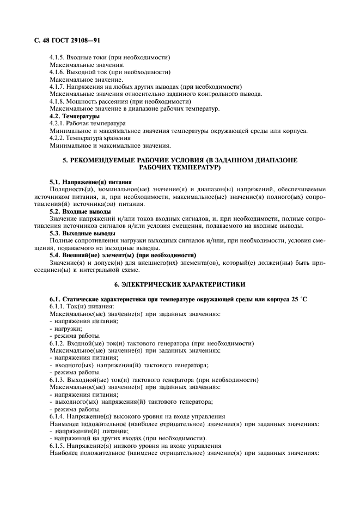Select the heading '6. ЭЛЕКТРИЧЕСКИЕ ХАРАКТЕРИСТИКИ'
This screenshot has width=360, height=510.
tap(180, 284)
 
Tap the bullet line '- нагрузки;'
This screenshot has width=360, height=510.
tap(66, 329)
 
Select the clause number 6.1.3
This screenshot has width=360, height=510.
tap(59, 380)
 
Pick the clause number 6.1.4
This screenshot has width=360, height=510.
tap(59, 416)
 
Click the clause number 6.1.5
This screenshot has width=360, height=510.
tap(59, 446)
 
